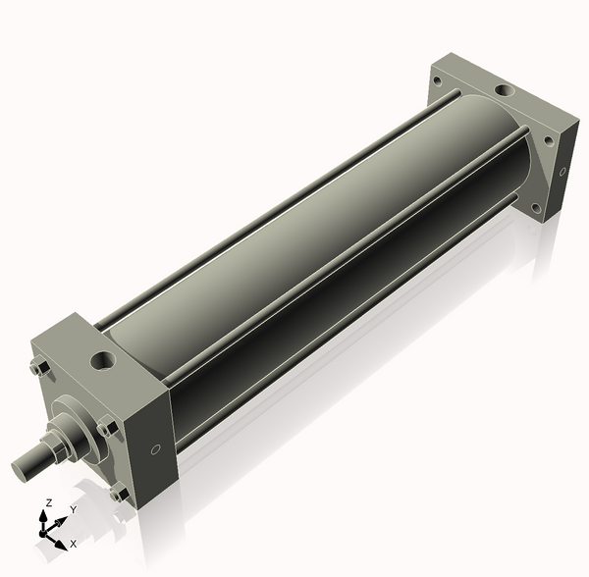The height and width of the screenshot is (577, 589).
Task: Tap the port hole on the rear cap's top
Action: [x=503, y=90]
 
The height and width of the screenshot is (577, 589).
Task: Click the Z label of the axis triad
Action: [x=48, y=503]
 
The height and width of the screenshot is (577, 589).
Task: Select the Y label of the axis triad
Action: [x=74, y=510]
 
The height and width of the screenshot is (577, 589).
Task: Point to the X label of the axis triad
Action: [x=74, y=543]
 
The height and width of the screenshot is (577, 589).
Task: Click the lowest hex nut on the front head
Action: [x=119, y=495]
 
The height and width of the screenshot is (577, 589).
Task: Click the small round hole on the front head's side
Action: [x=155, y=451]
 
